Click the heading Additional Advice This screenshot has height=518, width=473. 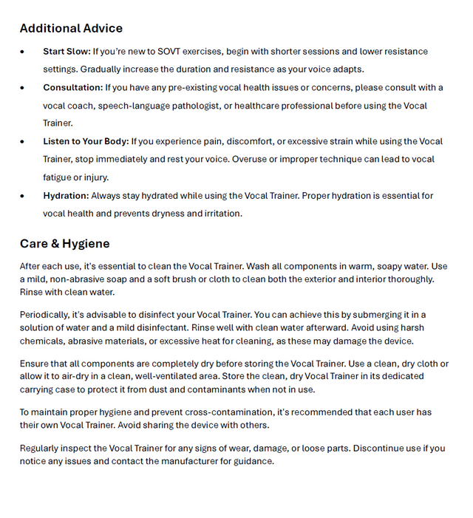point(71,29)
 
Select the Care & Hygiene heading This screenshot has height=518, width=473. point(64,244)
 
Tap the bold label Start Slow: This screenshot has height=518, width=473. point(67,52)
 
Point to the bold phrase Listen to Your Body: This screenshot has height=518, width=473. point(86,142)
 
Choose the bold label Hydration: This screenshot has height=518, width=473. point(66,196)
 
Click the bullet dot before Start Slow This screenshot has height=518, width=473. point(23,52)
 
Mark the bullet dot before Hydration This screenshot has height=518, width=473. point(23,196)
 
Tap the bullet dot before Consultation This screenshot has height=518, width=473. point(23,88)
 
